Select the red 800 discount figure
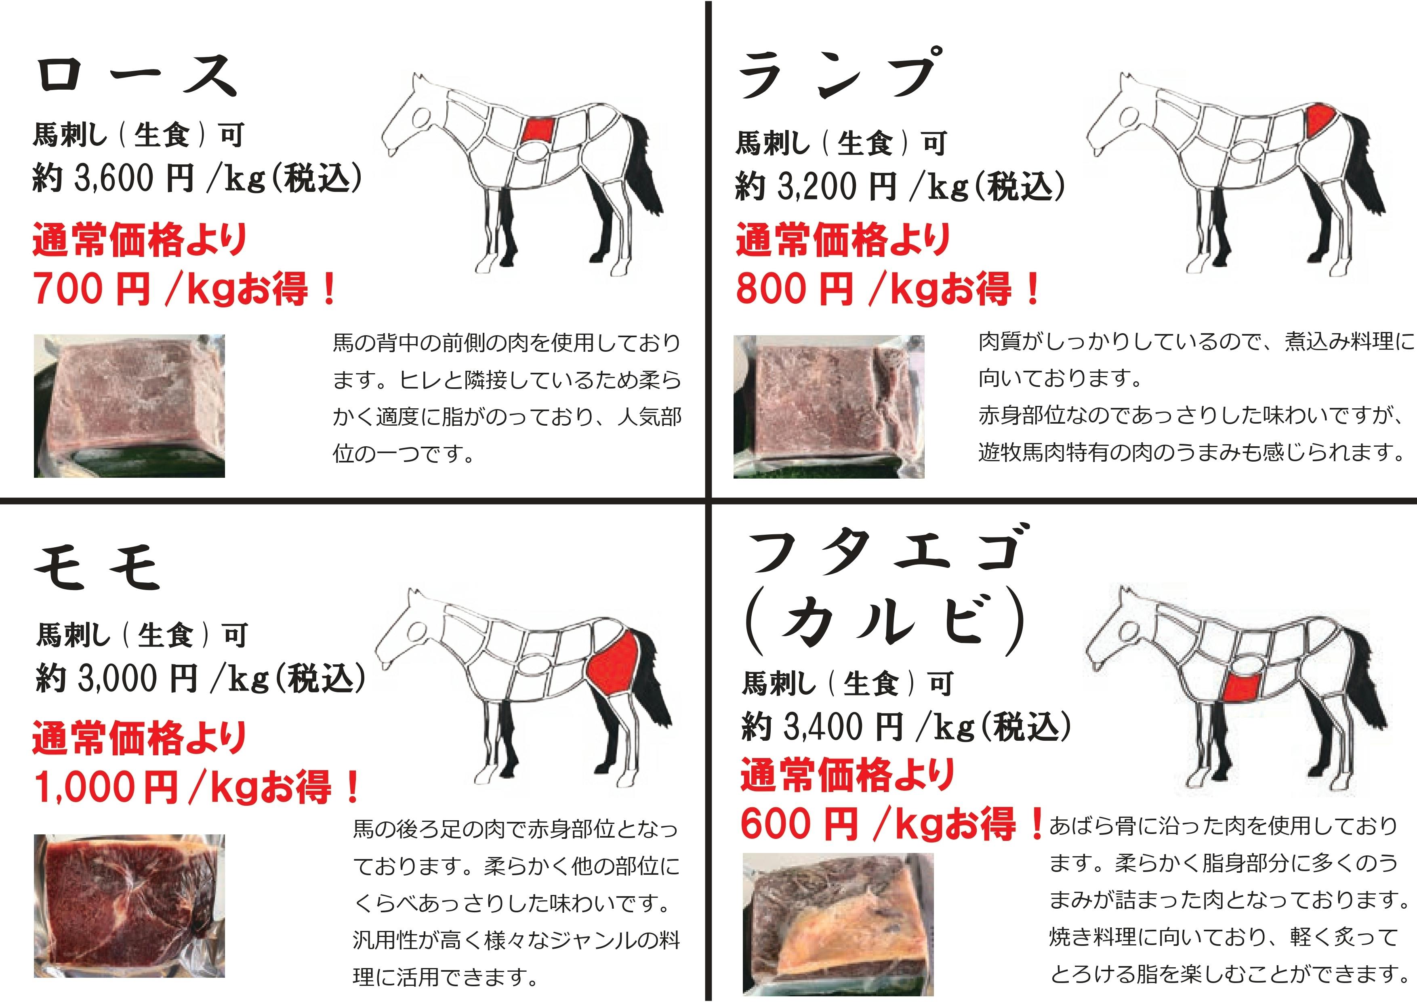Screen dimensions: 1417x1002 pyautogui.click(x=772, y=289)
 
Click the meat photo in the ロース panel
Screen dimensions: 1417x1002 pyautogui.click(x=130, y=406)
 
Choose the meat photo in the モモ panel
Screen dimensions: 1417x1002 pyautogui.click(x=130, y=906)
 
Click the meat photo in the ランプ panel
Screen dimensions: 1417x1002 pyautogui.click(x=829, y=407)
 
